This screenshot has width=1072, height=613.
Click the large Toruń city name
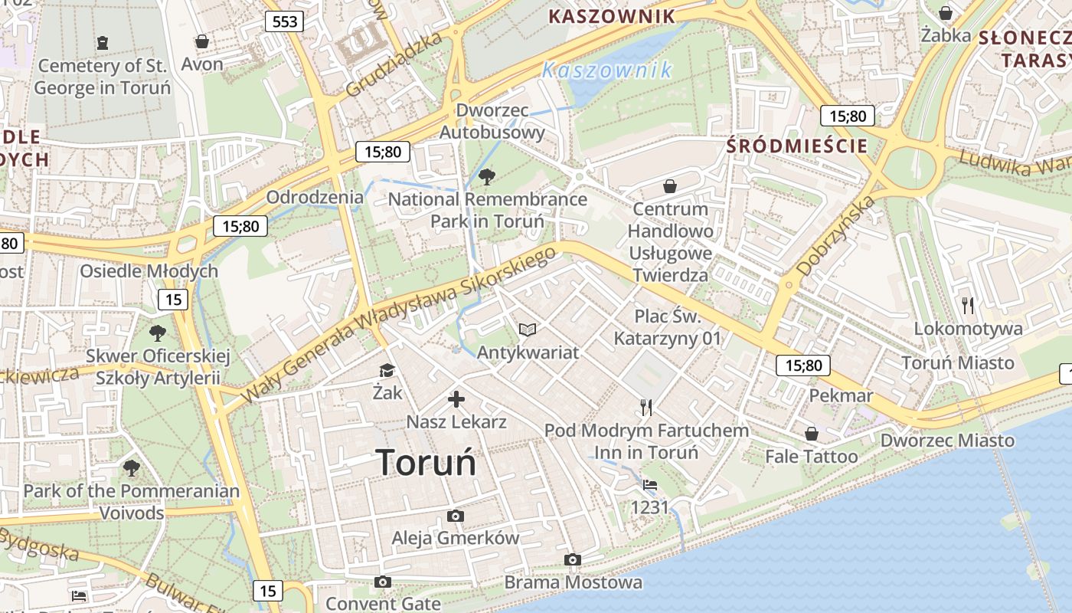coord(426,463)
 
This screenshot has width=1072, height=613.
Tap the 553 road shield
coord(284,21)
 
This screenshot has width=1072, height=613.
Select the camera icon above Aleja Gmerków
coord(456,516)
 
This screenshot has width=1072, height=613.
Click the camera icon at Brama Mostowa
coord(572,560)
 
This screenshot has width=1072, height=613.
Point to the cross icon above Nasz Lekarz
coord(456,399)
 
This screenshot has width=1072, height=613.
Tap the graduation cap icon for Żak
coord(387,371)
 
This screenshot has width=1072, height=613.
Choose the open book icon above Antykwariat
coord(528,329)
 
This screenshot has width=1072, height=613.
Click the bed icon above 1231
coord(650,485)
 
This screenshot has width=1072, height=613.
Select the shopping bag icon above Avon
coord(202,41)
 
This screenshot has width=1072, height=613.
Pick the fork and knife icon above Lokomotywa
coord(968,306)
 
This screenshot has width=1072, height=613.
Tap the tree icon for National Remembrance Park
coord(486,178)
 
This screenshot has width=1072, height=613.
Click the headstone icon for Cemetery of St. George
coord(103,42)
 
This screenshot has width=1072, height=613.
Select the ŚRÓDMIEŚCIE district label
coord(797,146)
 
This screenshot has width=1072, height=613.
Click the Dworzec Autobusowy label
coord(492,121)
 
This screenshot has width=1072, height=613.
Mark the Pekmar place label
coord(841,395)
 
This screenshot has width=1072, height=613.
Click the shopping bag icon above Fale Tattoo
coord(812,434)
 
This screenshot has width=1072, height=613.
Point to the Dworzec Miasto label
coord(947,441)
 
